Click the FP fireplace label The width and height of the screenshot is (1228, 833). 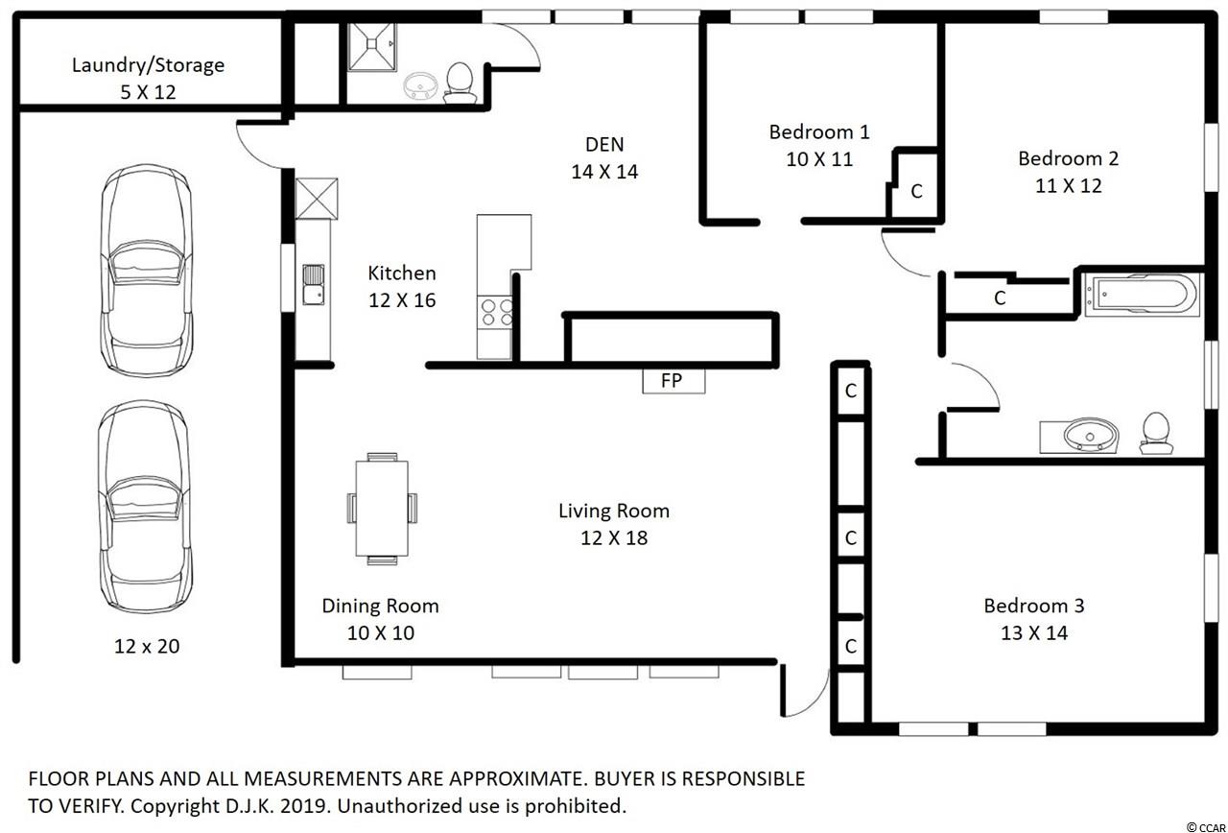672,380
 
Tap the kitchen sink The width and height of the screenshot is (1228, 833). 314,285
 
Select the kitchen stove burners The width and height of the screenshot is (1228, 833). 496,313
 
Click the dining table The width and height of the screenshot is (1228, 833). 382,509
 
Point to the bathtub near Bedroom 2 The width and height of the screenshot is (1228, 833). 1143,295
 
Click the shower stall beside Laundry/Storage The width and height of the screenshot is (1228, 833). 371,47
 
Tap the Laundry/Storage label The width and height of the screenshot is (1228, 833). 148,65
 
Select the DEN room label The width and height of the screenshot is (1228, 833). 604,144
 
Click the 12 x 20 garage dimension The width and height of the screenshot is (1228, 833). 147,646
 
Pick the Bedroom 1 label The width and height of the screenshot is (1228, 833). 819,132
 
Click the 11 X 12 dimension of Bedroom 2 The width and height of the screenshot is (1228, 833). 1068,186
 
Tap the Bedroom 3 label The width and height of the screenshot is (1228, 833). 1034,606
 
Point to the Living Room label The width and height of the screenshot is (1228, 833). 614,512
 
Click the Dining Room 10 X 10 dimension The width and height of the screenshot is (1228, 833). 381,633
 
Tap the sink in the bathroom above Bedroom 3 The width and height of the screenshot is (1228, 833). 1079,437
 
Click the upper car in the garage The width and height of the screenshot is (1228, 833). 147,271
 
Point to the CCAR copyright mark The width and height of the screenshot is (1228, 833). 1206,828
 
